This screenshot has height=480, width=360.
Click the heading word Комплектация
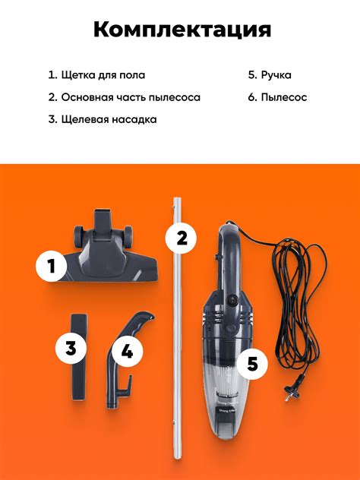[182, 30]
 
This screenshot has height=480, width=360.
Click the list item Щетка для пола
[96, 75]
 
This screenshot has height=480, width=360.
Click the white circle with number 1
[51, 266]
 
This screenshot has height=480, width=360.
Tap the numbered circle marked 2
[182, 238]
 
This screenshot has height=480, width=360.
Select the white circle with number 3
[71, 349]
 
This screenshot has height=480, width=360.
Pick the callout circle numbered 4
[127, 351]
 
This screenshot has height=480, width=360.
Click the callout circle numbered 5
[253, 364]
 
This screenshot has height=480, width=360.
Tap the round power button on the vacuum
[232, 300]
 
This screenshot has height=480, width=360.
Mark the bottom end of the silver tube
[177, 456]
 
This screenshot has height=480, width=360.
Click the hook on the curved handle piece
[125, 387]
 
